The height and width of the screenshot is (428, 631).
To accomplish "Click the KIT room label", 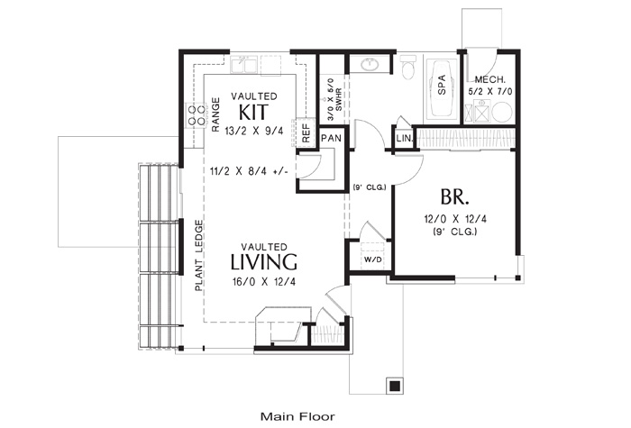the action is [253, 113].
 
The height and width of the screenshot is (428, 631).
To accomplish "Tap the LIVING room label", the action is [264, 262].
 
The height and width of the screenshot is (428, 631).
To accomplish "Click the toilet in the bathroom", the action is [408, 67].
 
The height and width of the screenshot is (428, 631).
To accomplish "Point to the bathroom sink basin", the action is [368, 64].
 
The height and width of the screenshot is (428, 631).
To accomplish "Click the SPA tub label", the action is [442, 85].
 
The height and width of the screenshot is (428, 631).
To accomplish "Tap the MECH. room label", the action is [489, 79].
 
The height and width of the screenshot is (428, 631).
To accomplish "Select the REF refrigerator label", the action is [306, 133].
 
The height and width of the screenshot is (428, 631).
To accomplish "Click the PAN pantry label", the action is [332, 139].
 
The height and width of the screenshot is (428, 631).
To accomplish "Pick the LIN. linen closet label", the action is [405, 139].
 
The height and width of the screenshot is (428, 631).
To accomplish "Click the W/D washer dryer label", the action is [372, 260].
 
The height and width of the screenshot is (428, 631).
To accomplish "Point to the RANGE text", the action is [215, 114].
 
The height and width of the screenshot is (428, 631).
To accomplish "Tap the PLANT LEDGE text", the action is [198, 256].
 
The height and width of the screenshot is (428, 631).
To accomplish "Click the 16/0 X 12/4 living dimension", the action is [264, 282].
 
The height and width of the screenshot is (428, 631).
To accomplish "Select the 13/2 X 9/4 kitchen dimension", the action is [254, 132].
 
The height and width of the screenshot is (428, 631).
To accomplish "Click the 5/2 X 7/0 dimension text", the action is [490, 92].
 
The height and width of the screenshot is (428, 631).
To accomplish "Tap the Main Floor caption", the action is [297, 416].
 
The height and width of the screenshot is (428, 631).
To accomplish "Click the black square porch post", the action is [395, 386].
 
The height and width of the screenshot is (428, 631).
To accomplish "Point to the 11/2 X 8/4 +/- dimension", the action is [249, 171].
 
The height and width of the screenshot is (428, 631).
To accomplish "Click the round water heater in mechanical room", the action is [502, 113].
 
